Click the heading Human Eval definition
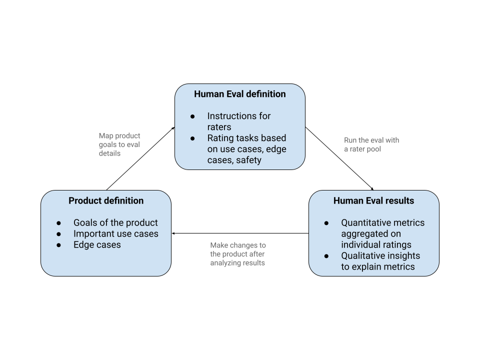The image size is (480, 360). point(239,94)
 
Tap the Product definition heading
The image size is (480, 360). point(106,200)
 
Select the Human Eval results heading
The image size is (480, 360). point(373,200)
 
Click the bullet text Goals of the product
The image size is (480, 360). point(115,222)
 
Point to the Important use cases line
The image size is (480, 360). point(115,233)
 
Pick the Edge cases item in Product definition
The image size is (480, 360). point(97,244)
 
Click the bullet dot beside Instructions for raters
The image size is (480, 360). point(192,116)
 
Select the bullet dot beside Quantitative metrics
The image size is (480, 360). point(326,223)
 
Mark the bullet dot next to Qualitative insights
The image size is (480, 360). point(326,256)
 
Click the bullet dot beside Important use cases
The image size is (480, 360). point(59,234)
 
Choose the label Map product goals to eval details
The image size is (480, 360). point(119,144)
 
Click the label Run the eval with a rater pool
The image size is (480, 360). point(371,144)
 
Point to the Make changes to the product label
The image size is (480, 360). point(238,253)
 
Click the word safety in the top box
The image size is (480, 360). point(248,160)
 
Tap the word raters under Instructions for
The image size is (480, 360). point(219,127)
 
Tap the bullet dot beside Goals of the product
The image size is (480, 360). point(59,223)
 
